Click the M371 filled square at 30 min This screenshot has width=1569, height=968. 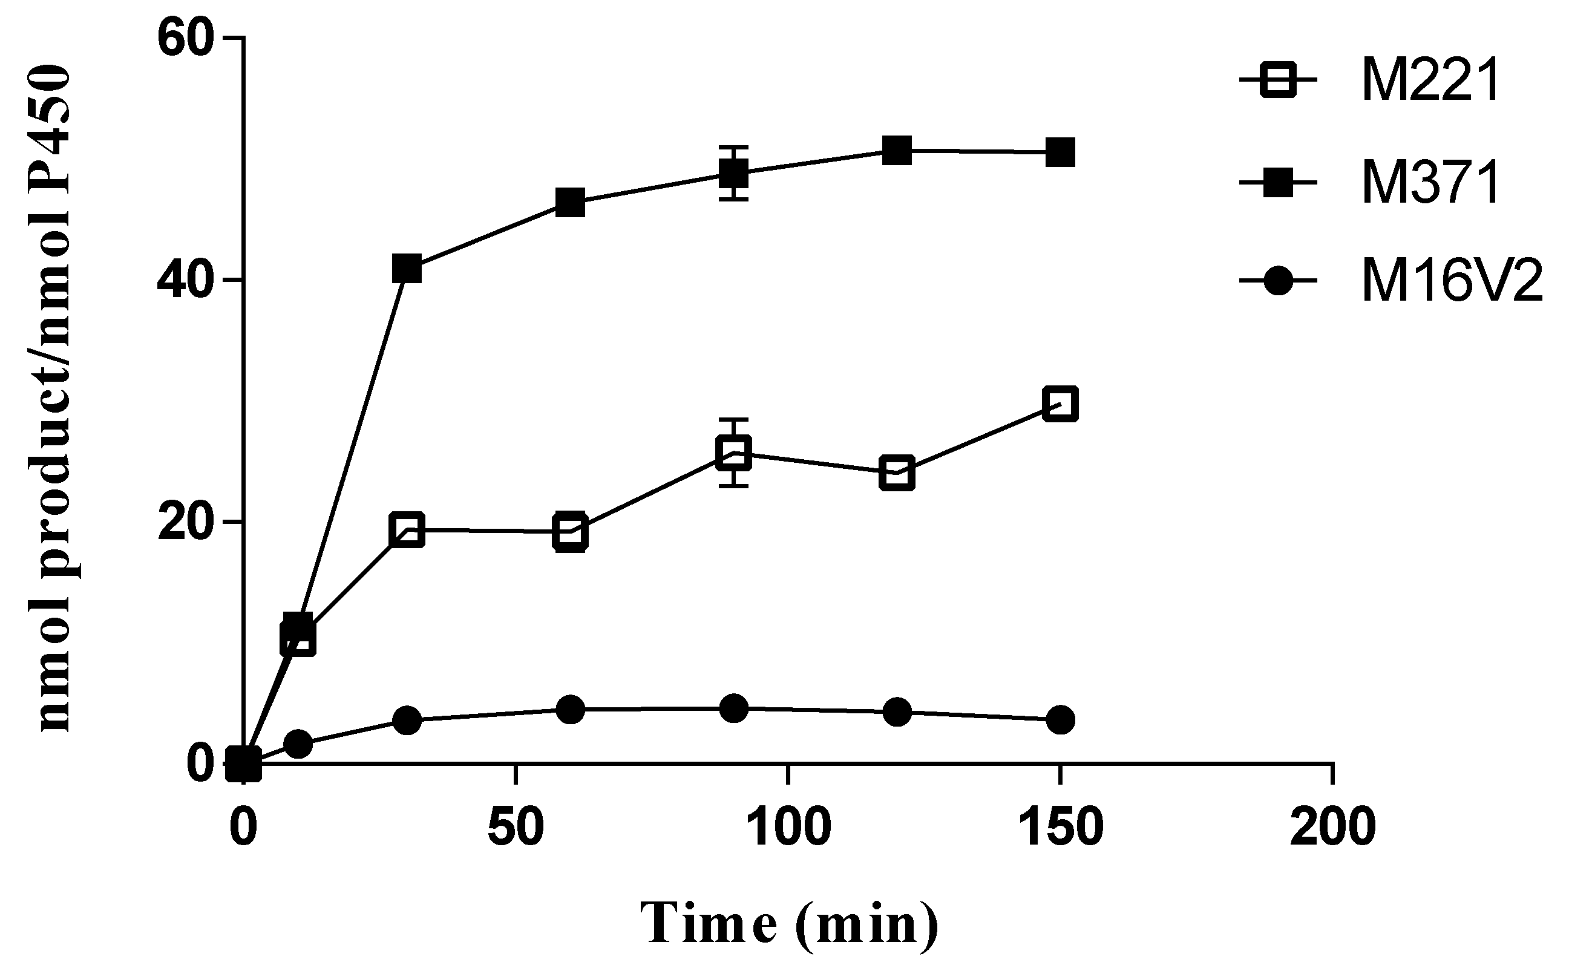pyautogui.click(x=407, y=268)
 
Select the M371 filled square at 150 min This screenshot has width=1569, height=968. pyautogui.click(x=1060, y=152)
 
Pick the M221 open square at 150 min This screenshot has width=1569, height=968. pyautogui.click(x=1060, y=404)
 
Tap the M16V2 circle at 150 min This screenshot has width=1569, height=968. pyautogui.click(x=1060, y=719)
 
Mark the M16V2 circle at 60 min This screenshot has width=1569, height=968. pyautogui.click(x=571, y=709)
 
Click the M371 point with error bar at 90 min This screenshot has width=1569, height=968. pyautogui.click(x=733, y=173)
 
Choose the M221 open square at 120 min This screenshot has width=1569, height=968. pyautogui.click(x=897, y=474)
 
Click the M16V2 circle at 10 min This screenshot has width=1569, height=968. pyautogui.click(x=298, y=744)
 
